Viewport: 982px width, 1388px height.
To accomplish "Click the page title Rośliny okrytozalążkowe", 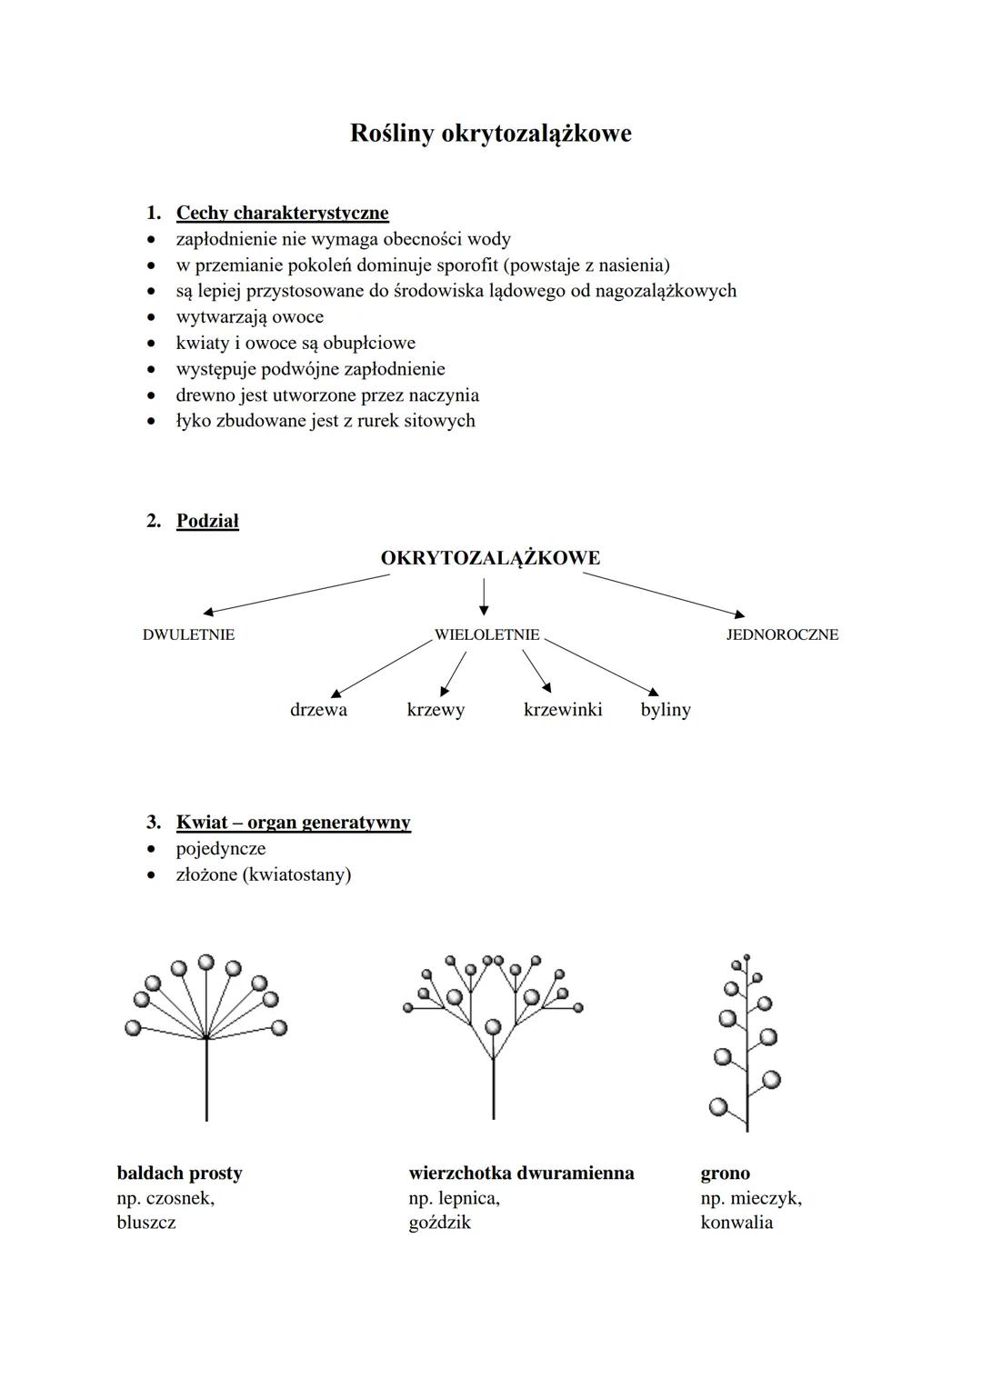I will pos(490,134).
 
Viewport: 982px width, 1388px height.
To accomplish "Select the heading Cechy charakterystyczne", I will pos(282,213).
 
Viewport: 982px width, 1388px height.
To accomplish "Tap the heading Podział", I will pos(207,521).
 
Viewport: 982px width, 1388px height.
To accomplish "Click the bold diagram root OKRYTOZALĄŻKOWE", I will pos(490,558).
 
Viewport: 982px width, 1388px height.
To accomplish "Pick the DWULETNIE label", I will pos(188,634).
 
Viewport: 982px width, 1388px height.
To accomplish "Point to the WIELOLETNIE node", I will pos(486,634).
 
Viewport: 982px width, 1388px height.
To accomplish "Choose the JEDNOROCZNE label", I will pos(782,634).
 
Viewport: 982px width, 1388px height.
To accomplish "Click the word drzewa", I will pos(318,709).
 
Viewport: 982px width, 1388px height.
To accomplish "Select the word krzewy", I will pos(436,709).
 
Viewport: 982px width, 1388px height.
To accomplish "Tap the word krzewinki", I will pos(563,709).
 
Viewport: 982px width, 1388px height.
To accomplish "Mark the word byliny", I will pos(666,709).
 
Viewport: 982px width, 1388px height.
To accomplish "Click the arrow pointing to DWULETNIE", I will pos(296,594).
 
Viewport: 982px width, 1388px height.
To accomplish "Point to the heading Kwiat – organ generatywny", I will pos(293,823).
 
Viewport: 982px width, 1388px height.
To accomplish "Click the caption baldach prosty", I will pos(179,1173).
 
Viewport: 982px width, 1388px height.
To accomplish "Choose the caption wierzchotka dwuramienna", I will pos(521,1173).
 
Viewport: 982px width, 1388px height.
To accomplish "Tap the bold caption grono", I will pos(725,1173).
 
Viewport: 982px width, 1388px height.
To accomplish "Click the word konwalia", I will pos(736,1222).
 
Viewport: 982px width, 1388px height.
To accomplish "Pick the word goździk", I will pos(440,1222).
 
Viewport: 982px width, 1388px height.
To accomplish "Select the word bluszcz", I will pos(146,1222).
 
